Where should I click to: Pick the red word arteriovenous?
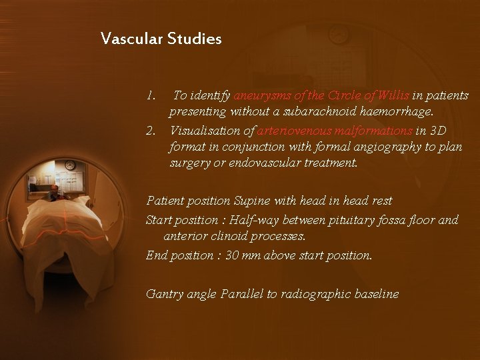(x=291, y=131)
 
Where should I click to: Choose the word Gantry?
(x=163, y=293)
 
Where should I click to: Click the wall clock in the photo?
(x=70, y=165)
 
